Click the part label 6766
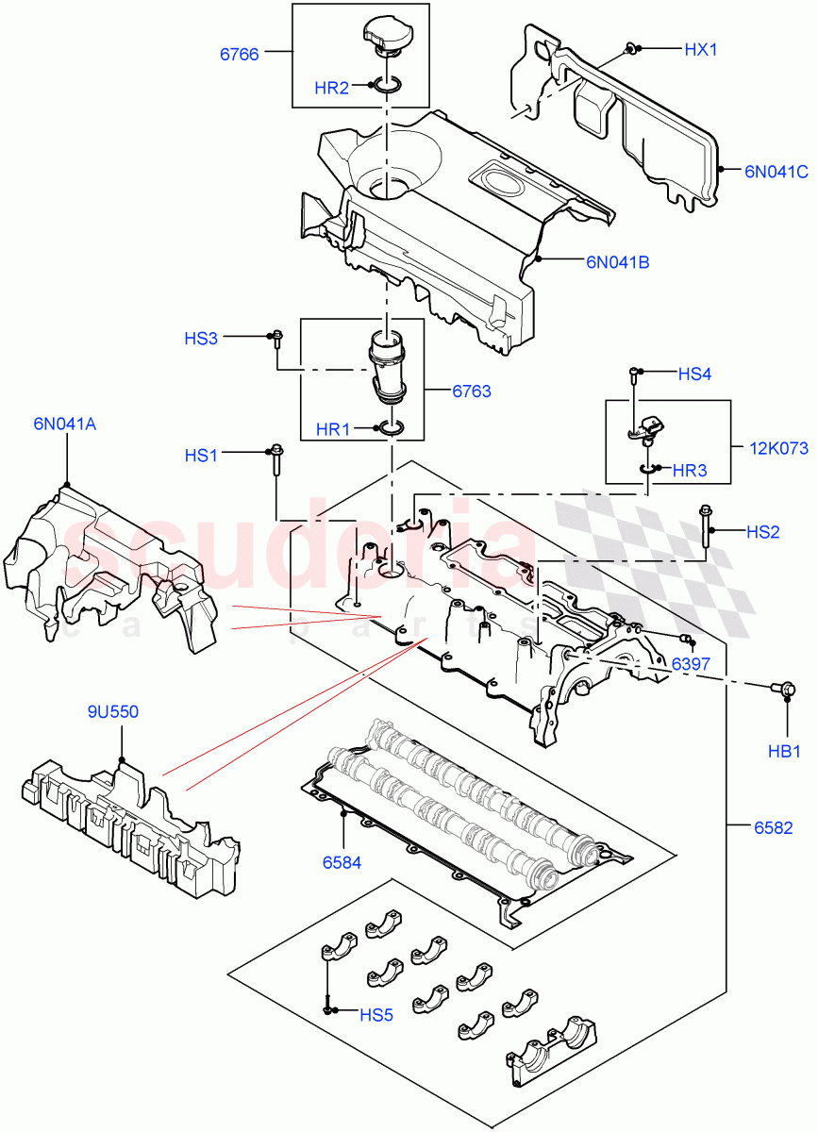coord(240,54)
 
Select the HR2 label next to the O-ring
coord(332,88)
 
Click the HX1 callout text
coord(702,47)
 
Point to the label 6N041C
coord(776,171)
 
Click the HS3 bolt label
coord(201,338)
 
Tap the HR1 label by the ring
coord(334,429)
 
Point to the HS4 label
coord(694,374)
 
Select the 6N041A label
coord(65,424)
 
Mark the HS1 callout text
coord(201,456)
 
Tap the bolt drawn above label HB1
coord(781,691)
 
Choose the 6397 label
coord(691,664)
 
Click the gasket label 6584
coord(341,861)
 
